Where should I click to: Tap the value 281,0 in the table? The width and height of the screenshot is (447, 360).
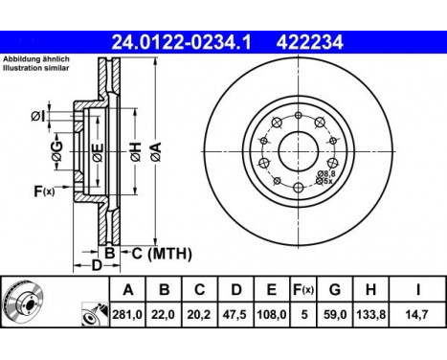(128, 313)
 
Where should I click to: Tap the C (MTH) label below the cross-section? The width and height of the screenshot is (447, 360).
(160, 253)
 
